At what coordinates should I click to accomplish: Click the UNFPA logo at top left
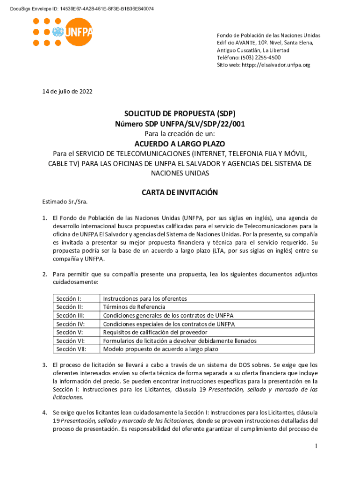point(63,32)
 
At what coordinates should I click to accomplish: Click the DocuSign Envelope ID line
point(79,9)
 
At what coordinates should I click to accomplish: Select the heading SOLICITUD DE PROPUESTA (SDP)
point(180,114)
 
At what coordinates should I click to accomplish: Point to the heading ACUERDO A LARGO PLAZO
point(180,144)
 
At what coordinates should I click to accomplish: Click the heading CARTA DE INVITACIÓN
point(180,192)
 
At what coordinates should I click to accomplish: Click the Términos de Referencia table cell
point(134,307)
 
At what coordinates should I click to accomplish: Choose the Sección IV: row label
point(71,324)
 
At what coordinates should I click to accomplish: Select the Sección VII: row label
point(72,349)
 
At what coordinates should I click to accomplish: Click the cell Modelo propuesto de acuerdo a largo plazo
point(160,349)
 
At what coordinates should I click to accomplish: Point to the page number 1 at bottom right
point(316,446)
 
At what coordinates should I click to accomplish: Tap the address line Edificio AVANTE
point(265,43)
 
